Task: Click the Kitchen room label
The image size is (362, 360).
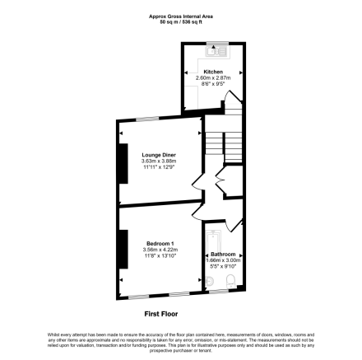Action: pos(213,72)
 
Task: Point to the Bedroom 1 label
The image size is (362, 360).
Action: pos(161,243)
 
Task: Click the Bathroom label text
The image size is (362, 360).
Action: pos(223,254)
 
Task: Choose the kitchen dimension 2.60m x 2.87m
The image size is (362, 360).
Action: pos(213,77)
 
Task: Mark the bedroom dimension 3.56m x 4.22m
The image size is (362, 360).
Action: pos(161,249)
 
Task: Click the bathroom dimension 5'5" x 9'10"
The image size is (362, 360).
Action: pos(223,266)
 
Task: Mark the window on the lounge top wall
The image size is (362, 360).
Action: pos(148,120)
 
